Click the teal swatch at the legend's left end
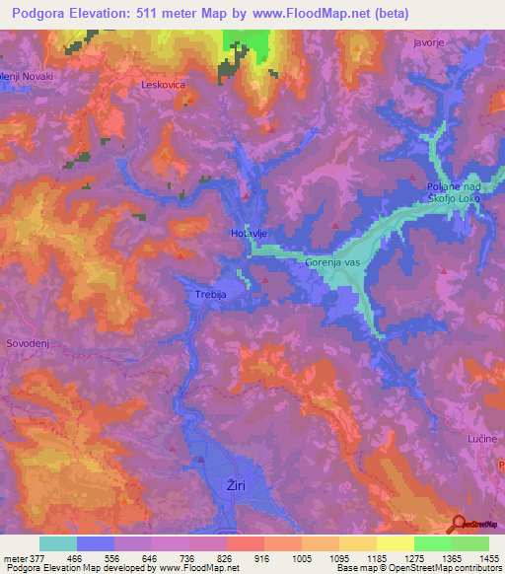(x=58, y=543)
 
